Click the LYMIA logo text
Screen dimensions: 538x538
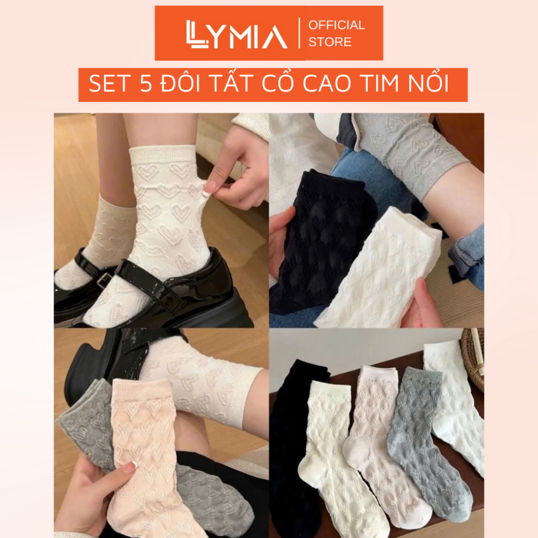(237, 34)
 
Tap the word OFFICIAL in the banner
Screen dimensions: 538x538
(336, 25)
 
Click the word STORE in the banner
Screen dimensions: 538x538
(330, 42)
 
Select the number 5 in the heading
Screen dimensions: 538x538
(146, 84)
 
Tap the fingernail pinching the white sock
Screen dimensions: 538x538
(209, 188)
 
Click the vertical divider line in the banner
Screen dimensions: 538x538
(299, 33)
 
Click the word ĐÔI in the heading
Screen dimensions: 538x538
(181, 83)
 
